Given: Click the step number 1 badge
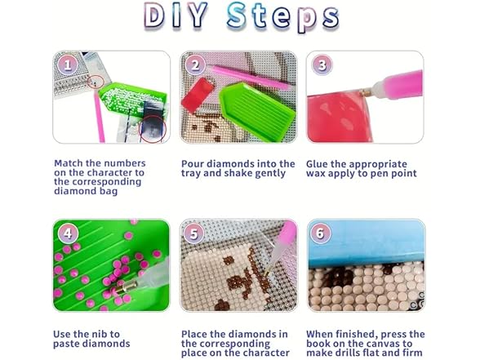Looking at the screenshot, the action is click(67, 64).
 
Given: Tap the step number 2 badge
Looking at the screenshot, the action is click(195, 64).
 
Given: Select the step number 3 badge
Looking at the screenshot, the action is click(322, 64).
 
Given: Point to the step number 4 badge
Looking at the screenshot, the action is click(67, 233).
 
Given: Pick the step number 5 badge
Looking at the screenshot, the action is click(194, 233).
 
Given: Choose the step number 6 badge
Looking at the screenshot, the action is click(320, 233).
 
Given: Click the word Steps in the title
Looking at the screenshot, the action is click(282, 16).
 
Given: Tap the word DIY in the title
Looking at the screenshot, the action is click(176, 15).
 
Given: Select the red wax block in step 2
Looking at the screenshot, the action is click(198, 95).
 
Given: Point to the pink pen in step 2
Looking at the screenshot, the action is click(250, 77).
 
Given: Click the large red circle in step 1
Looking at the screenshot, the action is click(153, 129).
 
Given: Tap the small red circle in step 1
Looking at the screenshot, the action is click(96, 82).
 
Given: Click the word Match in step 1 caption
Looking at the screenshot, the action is click(69, 163).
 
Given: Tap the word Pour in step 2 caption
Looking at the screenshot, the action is click(191, 164).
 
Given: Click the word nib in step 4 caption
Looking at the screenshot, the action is click(102, 334).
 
